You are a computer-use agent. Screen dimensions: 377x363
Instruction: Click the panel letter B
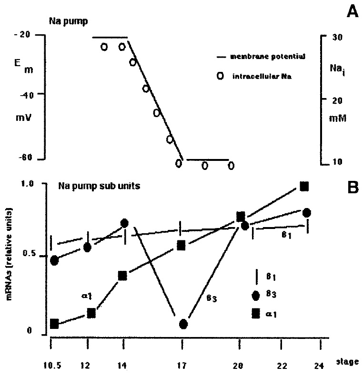pyautogui.click(x=351, y=188)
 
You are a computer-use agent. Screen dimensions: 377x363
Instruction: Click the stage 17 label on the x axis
pyautogui.click(x=181, y=365)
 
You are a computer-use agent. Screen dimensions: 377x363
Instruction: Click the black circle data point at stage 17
pyautogui.click(x=183, y=324)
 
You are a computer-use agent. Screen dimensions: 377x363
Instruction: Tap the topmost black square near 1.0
pyautogui.click(x=305, y=186)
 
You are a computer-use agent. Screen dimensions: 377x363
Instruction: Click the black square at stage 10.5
pyautogui.click(x=54, y=324)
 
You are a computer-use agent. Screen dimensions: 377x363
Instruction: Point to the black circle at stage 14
pyautogui.click(x=124, y=223)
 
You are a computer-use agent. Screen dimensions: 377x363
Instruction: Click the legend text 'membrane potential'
pyautogui.click(x=267, y=56)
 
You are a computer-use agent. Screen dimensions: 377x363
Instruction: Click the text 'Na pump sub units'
pyautogui.click(x=99, y=186)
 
